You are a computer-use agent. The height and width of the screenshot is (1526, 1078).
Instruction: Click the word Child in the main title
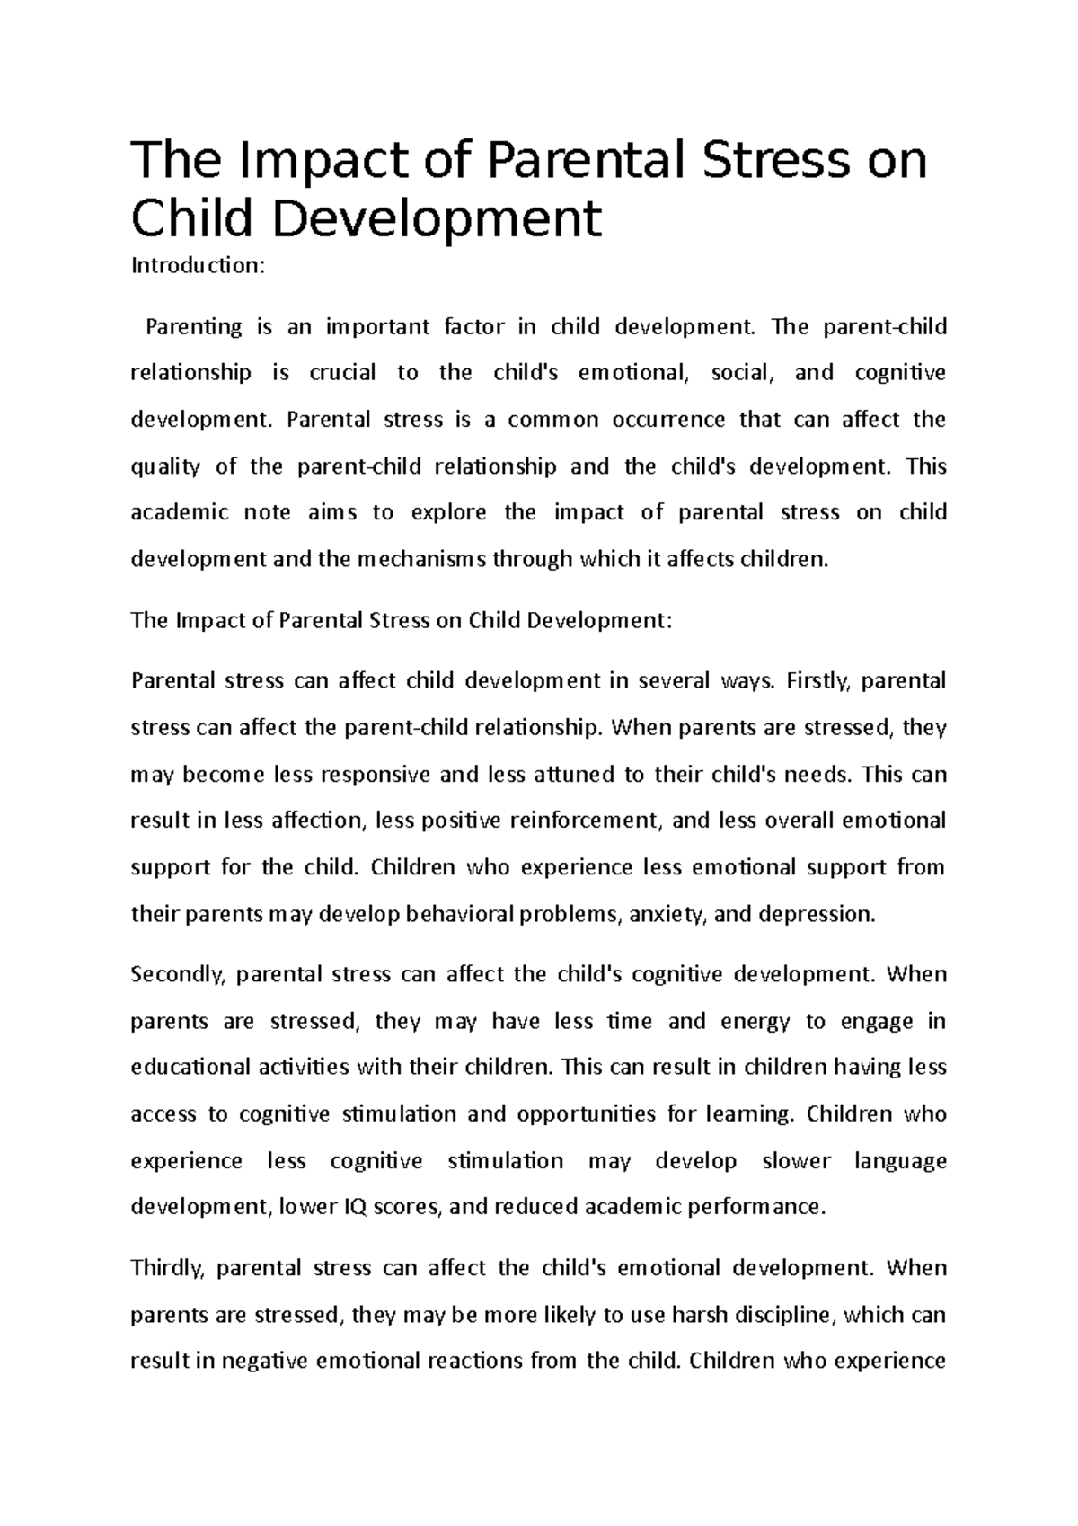click(190, 218)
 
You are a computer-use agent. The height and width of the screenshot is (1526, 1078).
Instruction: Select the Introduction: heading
click(199, 266)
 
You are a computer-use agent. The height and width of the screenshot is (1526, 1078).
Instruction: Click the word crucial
click(342, 373)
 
